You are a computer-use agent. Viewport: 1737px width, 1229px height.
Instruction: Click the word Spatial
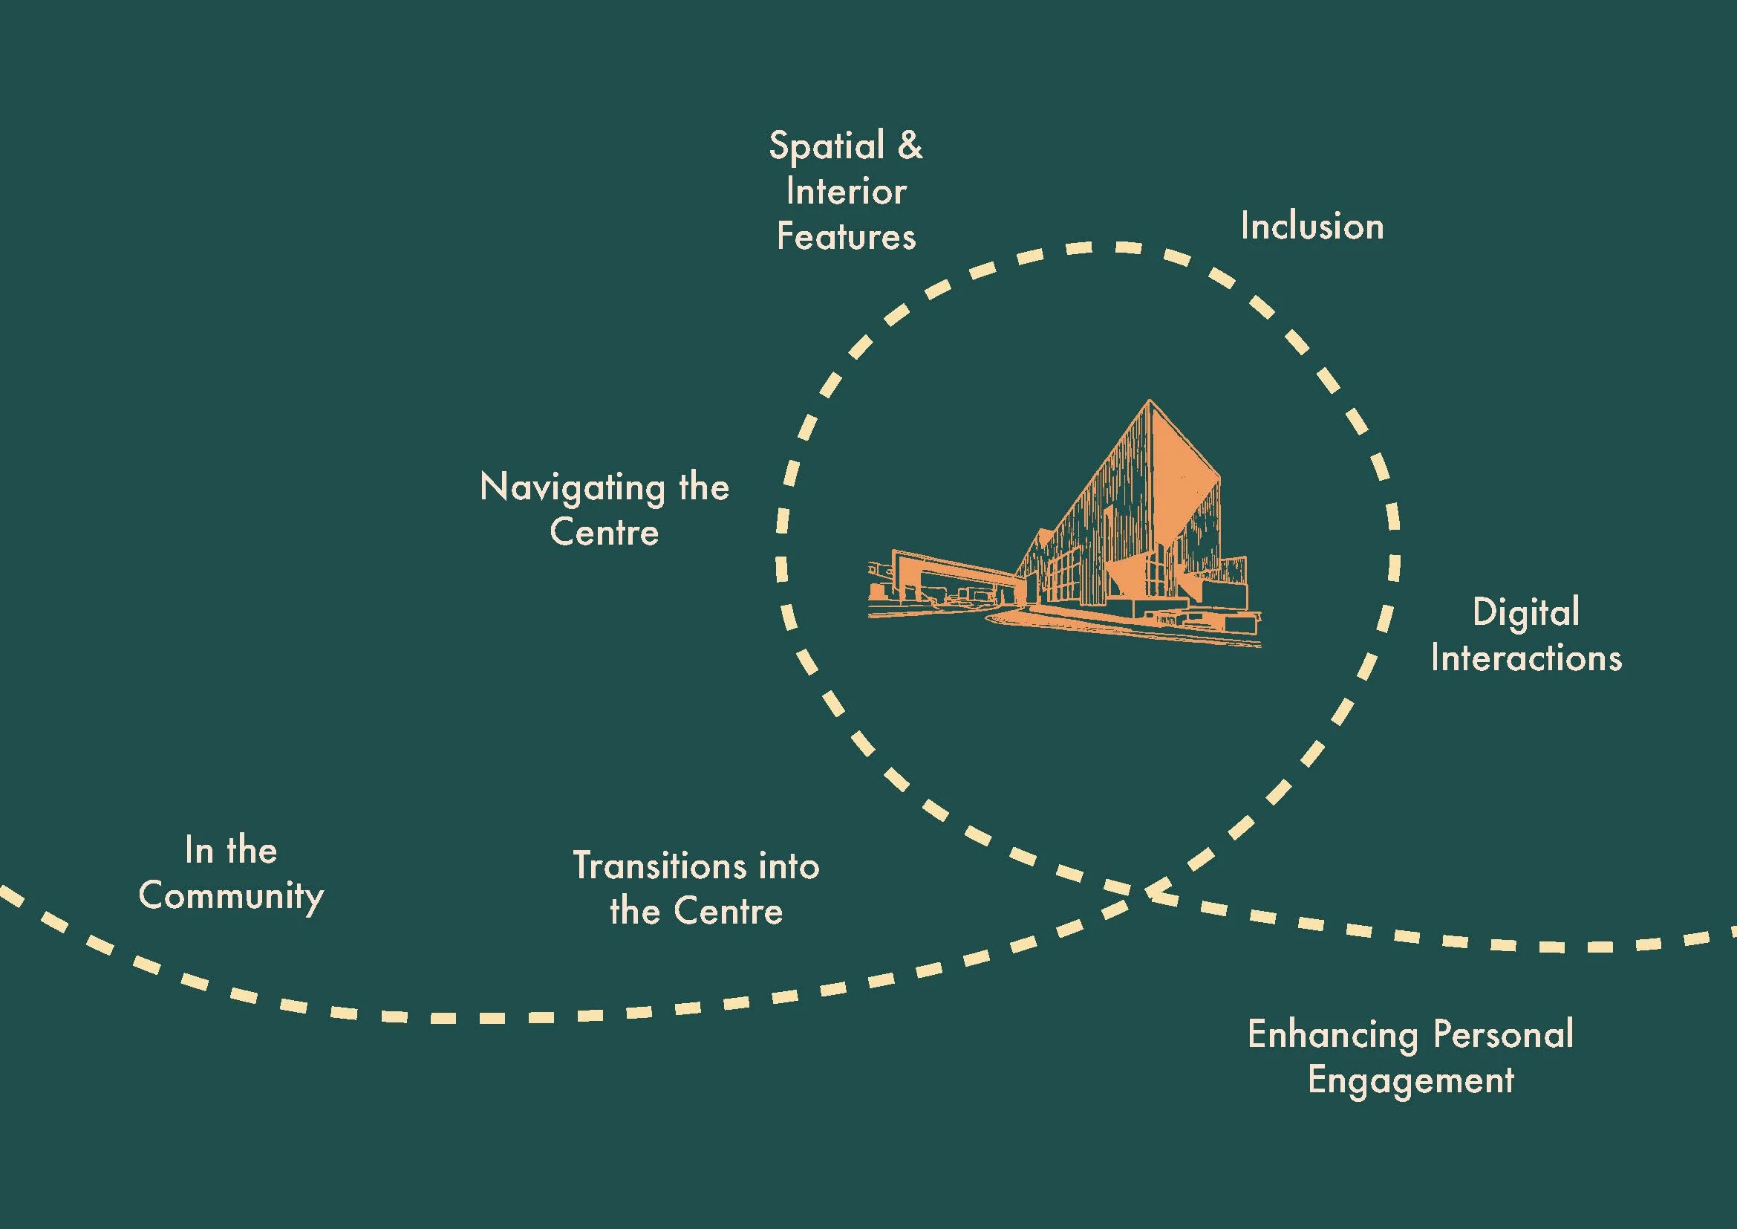tap(826, 146)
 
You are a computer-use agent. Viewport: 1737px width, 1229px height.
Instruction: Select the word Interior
tap(846, 192)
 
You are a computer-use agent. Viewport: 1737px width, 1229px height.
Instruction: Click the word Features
tap(846, 237)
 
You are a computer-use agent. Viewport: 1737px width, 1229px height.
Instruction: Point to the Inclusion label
tap(1311, 227)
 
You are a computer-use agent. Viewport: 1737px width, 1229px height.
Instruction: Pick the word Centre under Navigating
tap(604, 533)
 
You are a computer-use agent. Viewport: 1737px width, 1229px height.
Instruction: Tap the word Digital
tap(1525, 613)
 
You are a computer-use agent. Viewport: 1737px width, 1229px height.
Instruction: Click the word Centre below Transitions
tap(728, 911)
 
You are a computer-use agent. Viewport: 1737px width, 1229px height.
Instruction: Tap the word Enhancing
tap(1332, 1035)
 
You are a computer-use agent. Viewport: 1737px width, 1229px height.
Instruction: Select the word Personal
tap(1503, 1034)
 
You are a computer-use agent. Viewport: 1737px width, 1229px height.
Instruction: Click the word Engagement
tap(1411, 1080)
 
